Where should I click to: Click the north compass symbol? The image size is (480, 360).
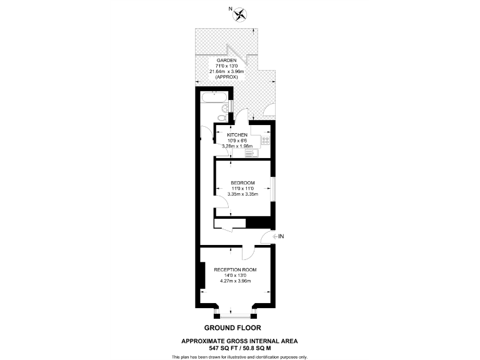tap(240, 12)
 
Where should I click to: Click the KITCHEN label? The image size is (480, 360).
tap(237, 135)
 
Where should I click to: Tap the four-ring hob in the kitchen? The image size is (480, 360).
tap(266, 141)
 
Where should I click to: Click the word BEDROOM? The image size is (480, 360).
tap(242, 182)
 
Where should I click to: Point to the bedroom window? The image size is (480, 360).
tap(273, 189)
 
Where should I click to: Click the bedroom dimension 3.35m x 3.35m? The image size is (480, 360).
tap(242, 194)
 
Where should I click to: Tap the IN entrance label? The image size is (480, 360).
tap(281, 236)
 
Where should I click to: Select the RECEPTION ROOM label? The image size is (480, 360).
tap(235, 270)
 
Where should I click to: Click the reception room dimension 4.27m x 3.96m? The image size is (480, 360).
tap(235, 281)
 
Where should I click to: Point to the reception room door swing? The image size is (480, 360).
tap(247, 252)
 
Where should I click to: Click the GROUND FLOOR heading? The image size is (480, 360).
tap(232, 327)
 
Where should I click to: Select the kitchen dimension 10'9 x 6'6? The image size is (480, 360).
tap(237, 141)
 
